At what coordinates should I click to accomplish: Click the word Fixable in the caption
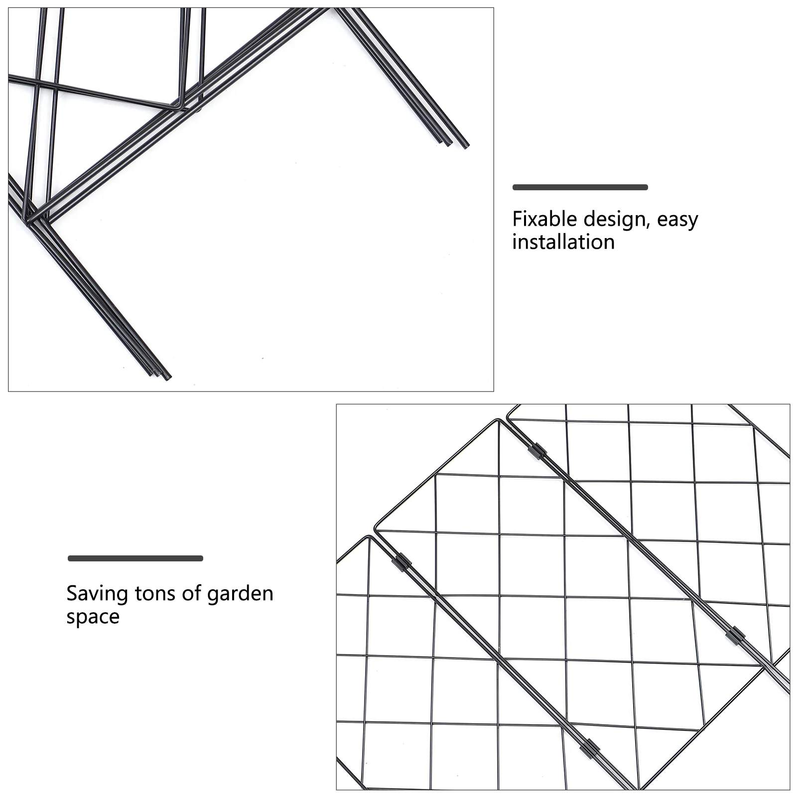[x=544, y=219]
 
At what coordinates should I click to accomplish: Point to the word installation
[x=563, y=242]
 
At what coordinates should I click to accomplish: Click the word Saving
[x=97, y=594]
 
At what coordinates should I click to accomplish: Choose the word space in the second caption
[x=93, y=617]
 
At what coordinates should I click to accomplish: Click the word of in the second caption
[x=191, y=593]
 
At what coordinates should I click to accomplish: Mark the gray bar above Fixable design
[x=580, y=187]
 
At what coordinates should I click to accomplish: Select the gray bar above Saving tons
[x=135, y=558]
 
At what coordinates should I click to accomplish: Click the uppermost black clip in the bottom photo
[x=537, y=451]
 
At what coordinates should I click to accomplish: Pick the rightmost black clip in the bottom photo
[x=736, y=635]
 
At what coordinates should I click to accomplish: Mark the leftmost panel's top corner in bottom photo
[x=369, y=537]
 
